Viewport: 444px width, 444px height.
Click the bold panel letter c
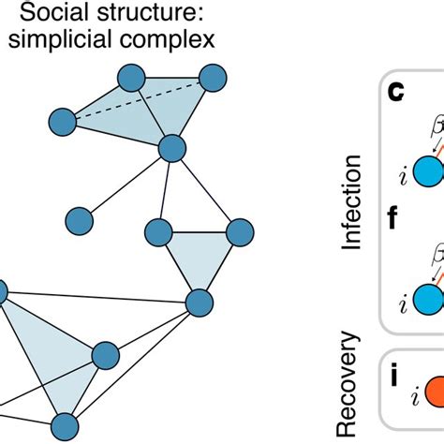[397, 92]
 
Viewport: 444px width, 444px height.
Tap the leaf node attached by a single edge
[79, 221]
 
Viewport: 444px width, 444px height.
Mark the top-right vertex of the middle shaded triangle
[241, 205]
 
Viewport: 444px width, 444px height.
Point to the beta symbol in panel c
[433, 122]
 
